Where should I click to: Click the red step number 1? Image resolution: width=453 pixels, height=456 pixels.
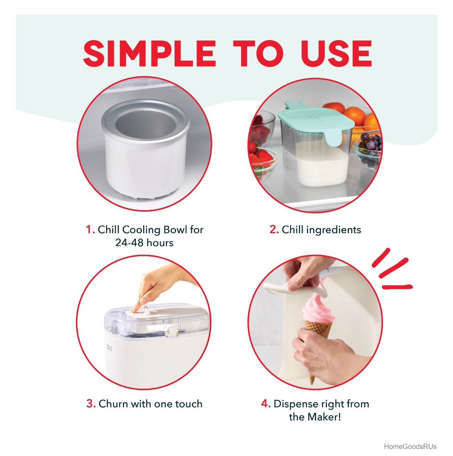90,230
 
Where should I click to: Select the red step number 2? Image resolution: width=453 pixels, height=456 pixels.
274,230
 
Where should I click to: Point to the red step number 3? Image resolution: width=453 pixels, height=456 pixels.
91,404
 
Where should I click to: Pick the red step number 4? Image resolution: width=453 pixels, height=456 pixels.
266,404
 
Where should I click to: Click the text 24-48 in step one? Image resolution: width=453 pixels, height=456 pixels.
129,243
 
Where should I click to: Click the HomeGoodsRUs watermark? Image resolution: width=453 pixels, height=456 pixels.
410,447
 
